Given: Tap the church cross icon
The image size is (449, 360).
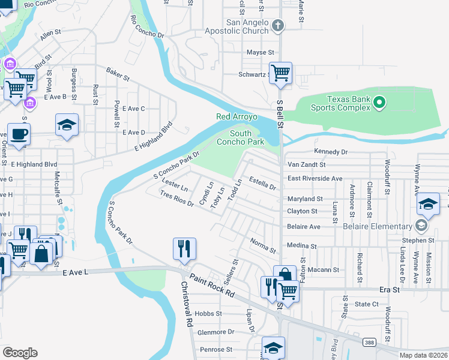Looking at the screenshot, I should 277,25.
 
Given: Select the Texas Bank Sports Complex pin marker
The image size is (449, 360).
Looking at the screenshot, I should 379,103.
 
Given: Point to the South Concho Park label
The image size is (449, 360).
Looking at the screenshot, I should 247,137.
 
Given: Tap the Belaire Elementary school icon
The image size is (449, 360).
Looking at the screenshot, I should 421,226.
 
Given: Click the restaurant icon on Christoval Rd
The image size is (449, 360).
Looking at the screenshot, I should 184,248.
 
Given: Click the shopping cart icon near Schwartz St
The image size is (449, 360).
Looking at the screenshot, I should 280,74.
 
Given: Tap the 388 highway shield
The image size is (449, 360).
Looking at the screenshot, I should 369,341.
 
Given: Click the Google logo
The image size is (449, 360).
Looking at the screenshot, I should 20,353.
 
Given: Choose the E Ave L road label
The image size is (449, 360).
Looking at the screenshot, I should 75,272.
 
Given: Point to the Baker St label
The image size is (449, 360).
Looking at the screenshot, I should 118,74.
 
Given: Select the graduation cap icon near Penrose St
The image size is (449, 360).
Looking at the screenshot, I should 273,348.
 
